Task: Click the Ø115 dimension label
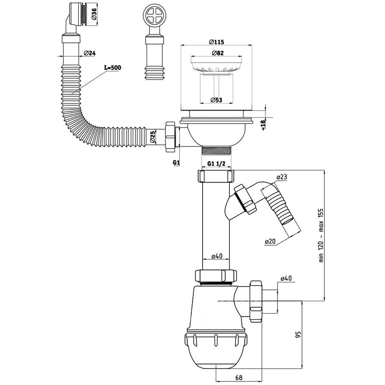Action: (216, 42)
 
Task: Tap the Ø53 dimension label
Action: (216, 100)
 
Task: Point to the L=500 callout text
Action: (113, 67)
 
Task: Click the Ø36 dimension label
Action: (93, 14)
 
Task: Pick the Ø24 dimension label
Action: (89, 53)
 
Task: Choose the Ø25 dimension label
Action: (152, 137)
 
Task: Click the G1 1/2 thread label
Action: (216, 164)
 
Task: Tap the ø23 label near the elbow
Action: (282, 177)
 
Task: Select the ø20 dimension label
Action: (270, 241)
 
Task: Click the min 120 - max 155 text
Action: (321, 236)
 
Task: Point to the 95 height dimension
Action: (298, 334)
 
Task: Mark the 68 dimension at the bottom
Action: (239, 377)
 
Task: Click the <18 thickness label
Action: (263, 125)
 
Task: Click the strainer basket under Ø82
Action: (216, 65)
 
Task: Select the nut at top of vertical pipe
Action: (216, 176)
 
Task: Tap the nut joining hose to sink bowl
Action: (170, 137)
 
